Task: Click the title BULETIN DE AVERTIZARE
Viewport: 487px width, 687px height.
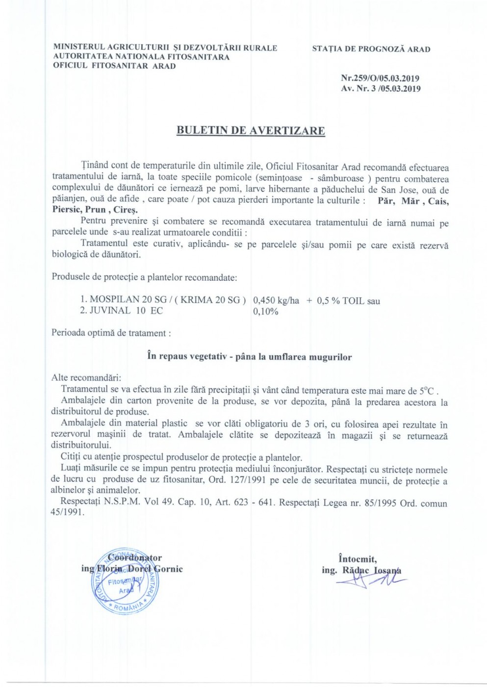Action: coord(250,131)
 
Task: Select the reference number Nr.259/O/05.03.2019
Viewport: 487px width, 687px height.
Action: coord(380,78)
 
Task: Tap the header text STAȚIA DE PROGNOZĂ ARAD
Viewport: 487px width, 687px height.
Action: coord(371,49)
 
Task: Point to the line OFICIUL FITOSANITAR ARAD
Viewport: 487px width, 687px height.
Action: coord(114,66)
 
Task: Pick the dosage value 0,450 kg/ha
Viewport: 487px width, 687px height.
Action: coord(276,301)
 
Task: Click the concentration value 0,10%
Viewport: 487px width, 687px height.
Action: coord(265,312)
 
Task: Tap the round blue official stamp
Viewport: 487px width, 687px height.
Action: coord(127,581)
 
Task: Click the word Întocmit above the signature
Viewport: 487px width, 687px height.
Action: coord(358,558)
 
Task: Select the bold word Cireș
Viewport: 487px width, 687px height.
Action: coord(126,210)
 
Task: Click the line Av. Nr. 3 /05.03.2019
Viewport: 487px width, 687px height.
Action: coord(381,89)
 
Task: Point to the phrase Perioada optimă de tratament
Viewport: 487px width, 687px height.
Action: coord(111,333)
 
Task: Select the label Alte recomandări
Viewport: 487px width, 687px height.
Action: coord(86,378)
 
